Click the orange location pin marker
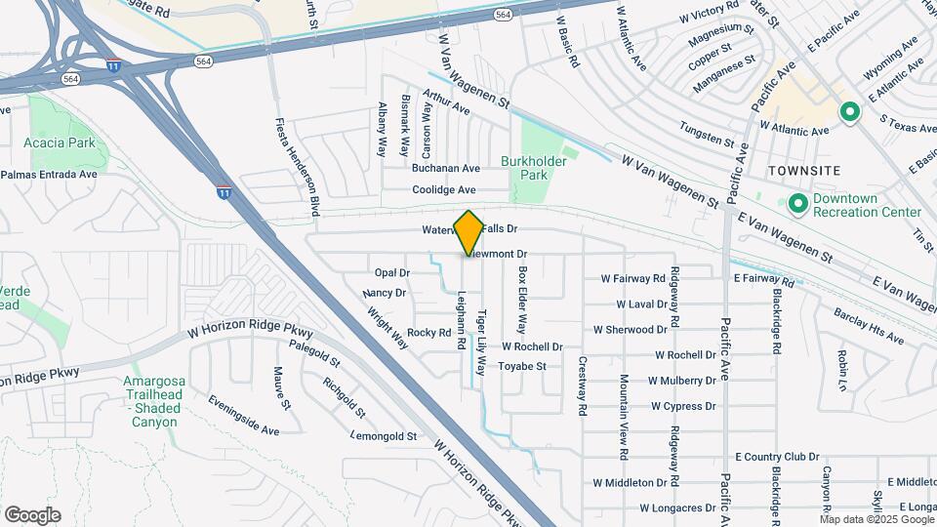click(468, 232)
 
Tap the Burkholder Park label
click(527, 167)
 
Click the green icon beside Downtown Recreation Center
click(797, 204)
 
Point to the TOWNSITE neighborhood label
click(803, 170)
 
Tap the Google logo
click(32, 515)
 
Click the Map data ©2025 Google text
click(876, 518)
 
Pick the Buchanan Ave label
click(445, 168)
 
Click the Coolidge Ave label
click(444, 189)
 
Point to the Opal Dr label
click(391, 272)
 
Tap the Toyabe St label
click(528, 367)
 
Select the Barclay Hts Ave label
click(869, 326)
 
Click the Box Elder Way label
click(522, 300)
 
